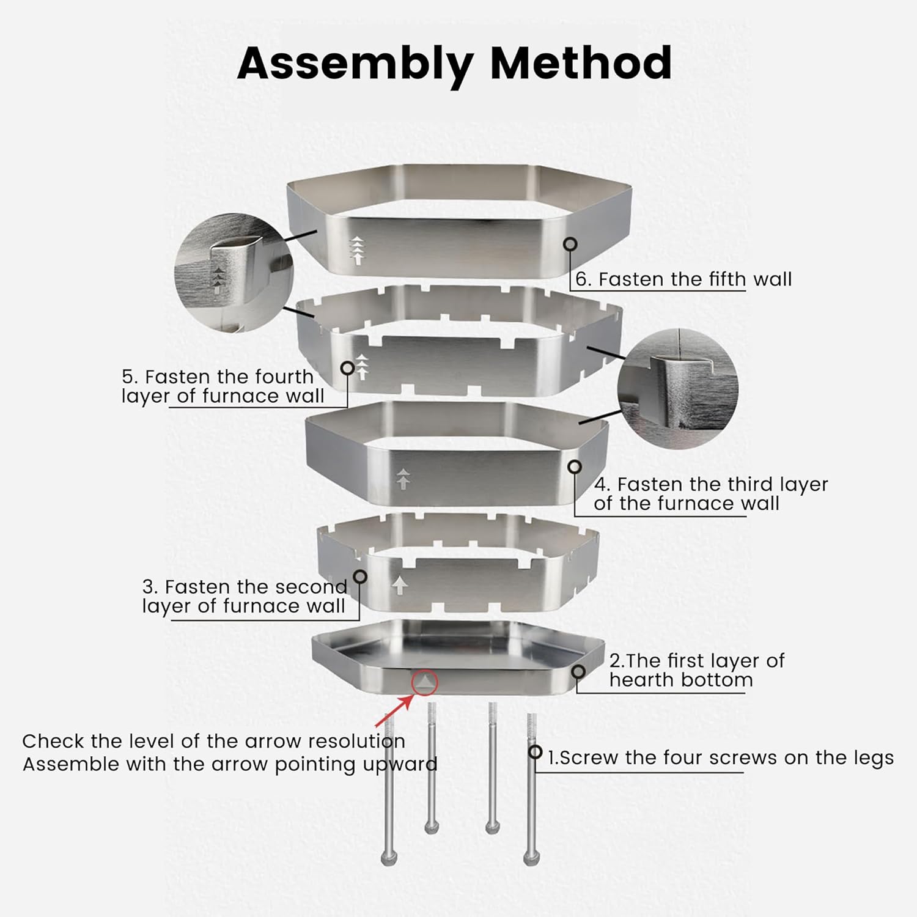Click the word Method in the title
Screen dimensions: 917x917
click(581, 62)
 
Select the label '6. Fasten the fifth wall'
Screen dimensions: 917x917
click(683, 279)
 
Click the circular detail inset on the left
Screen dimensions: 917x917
click(234, 273)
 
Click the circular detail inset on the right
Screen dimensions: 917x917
click(678, 386)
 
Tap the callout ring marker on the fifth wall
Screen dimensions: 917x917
click(570, 244)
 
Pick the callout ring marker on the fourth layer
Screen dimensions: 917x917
click(347, 368)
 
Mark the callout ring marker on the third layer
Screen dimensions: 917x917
click(575, 467)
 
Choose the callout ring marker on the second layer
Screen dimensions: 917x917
click(360, 576)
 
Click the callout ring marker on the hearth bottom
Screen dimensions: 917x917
click(578, 672)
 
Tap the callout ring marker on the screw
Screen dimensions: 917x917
click(536, 752)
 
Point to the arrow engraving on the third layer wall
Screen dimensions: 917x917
click(403, 479)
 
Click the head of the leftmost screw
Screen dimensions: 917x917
click(389, 858)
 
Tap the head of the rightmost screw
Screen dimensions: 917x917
click(530, 858)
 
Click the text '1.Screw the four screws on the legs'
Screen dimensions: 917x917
click(720, 758)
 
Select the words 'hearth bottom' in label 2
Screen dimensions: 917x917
click(680, 680)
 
